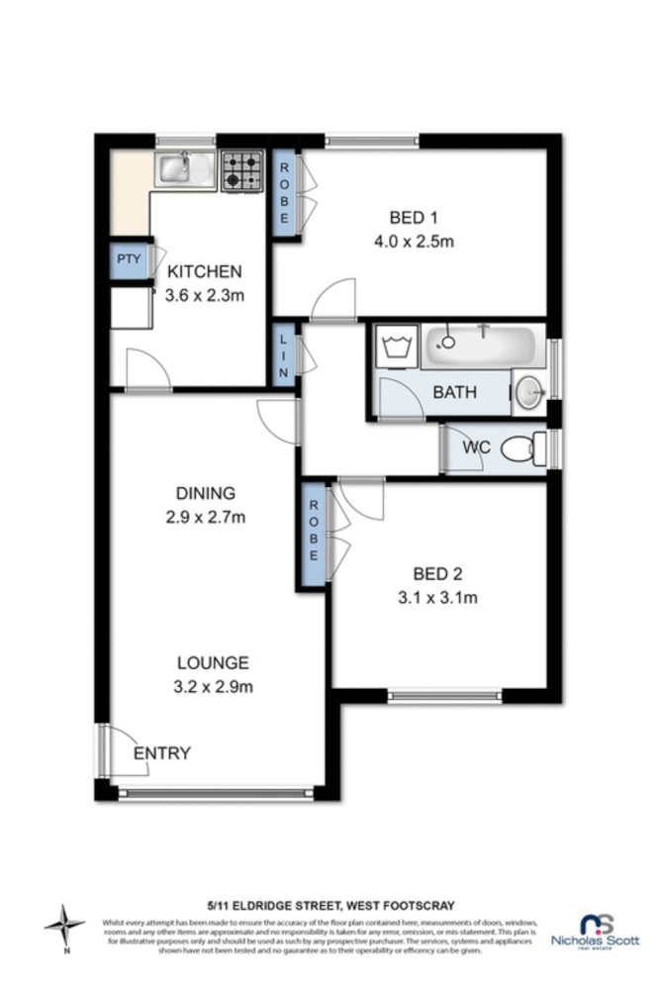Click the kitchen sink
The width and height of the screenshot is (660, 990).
183,169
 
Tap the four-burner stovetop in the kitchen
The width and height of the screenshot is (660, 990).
241,169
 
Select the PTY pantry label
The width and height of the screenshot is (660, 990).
130,260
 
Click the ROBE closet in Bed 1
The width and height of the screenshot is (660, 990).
285,193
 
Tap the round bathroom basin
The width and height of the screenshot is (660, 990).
529,393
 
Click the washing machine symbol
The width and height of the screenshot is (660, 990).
398,346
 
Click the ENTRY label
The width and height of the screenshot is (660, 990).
162,753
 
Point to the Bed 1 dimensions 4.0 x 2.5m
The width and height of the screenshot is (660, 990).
413,242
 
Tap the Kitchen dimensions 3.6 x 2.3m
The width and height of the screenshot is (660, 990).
205,295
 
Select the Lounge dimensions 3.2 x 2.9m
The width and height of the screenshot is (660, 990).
213,687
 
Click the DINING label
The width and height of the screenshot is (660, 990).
206,493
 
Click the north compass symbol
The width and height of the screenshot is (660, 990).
65,927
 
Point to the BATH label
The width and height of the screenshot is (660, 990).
455,392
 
